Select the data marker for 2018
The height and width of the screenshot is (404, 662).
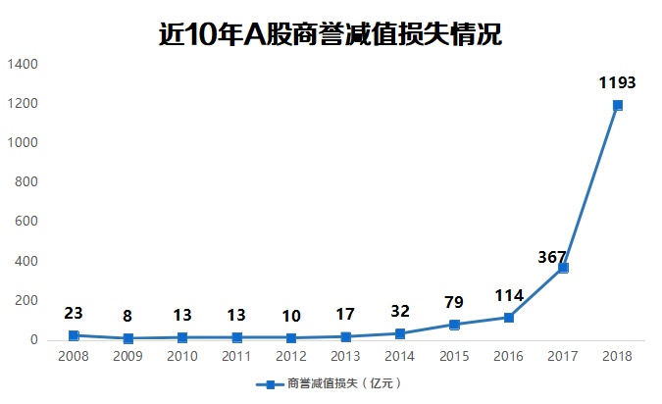point(617,105)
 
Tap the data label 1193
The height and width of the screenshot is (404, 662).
point(617,83)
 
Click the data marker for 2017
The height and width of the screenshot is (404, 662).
point(563,268)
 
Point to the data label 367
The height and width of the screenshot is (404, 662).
point(552,257)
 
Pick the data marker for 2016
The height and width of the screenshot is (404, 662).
point(508,317)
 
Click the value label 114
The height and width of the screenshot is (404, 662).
point(508,295)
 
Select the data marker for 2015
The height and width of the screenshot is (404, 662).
point(454,325)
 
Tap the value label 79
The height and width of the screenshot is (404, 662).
point(454,303)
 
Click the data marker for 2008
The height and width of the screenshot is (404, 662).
point(74,335)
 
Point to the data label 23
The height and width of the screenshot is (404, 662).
point(74,314)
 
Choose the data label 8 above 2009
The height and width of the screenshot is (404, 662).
point(127,317)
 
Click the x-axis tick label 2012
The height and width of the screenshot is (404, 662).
point(291,358)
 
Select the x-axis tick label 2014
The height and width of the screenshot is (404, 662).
point(400,358)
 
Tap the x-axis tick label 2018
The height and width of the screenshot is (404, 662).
point(617,358)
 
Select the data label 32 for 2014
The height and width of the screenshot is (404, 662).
point(400,312)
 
